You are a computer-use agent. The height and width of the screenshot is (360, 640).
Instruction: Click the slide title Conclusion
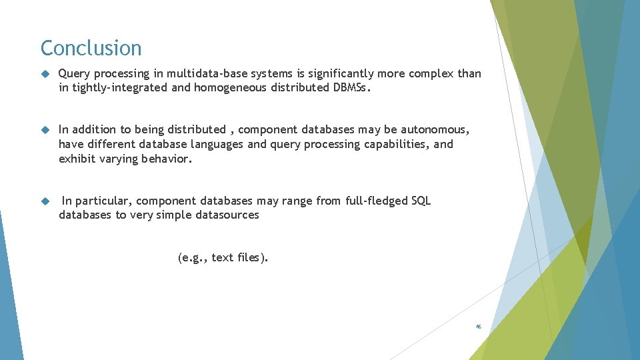coord(91,48)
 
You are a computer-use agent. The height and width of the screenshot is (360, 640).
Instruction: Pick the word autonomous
coord(435,129)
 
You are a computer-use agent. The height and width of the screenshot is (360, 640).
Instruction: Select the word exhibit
coord(77,159)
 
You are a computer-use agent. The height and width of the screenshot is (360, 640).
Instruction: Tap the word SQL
coord(421,201)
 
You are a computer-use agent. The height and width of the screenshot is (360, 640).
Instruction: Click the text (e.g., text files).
coord(223,257)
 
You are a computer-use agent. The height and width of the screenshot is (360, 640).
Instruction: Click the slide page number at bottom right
coord(478,327)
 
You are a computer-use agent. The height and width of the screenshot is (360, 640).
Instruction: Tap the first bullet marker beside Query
coord(45,74)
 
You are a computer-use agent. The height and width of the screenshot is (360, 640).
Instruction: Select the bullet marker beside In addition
coord(45,130)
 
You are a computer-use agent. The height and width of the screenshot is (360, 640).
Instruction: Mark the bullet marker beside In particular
coord(45,201)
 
